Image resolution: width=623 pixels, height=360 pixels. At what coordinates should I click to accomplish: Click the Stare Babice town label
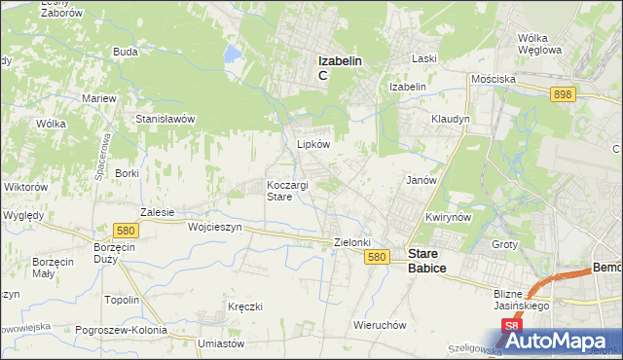tap(426, 257)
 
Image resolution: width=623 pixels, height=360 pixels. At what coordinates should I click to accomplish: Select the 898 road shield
tap(563, 94)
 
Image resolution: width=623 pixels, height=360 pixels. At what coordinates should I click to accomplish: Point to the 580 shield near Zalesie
tap(124, 231)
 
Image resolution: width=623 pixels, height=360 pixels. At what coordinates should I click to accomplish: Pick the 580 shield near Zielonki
tap(379, 257)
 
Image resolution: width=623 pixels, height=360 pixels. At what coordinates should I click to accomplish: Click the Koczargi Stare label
tap(287, 190)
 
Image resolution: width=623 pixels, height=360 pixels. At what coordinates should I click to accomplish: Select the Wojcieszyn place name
tap(213, 226)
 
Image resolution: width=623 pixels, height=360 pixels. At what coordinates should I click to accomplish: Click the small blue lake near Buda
tap(234, 54)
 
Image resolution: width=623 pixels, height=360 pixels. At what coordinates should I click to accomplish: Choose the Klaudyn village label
tap(451, 119)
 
